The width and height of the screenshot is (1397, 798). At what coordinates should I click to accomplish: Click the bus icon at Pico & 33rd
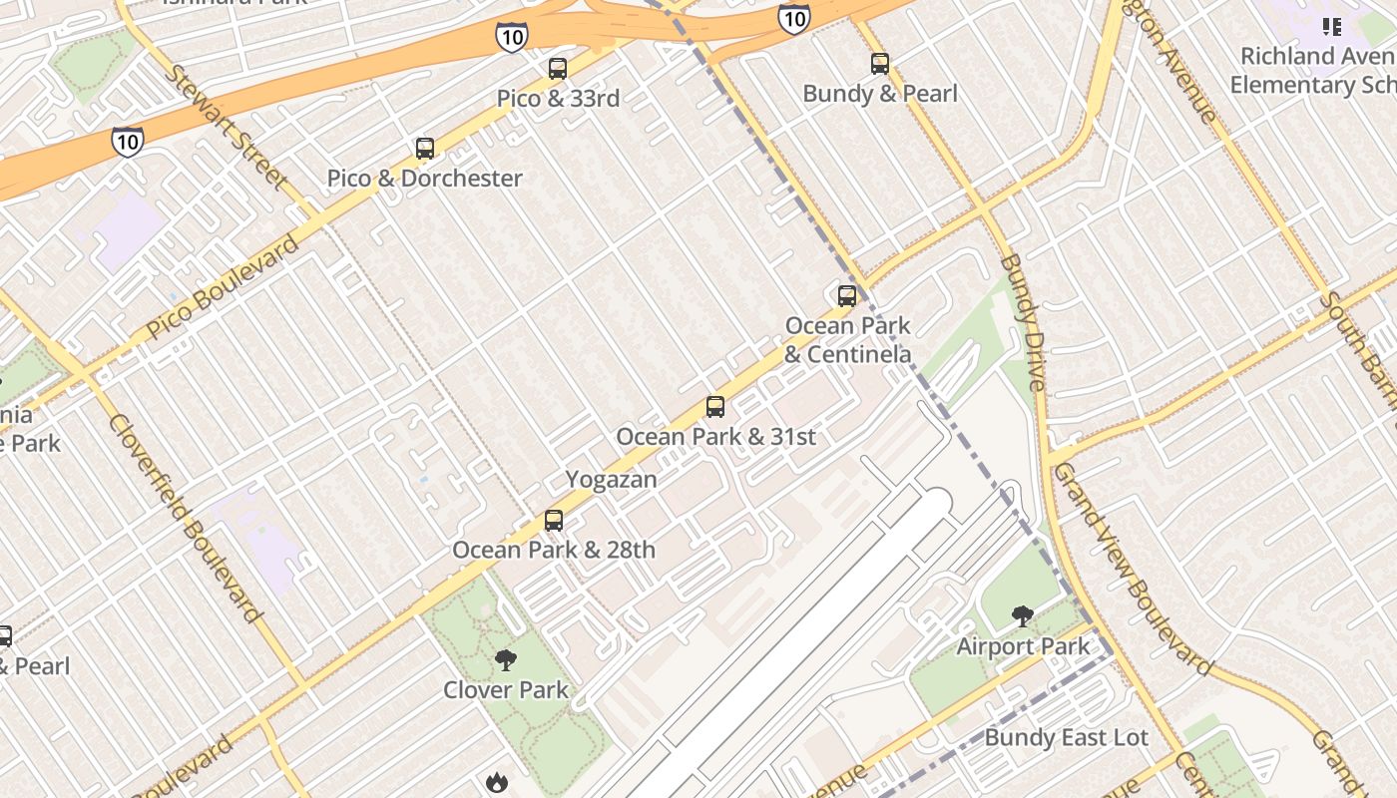tap(558, 69)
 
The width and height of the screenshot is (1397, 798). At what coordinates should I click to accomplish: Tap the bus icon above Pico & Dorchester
tap(425, 149)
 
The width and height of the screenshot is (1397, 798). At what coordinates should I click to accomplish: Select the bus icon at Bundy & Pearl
tap(879, 64)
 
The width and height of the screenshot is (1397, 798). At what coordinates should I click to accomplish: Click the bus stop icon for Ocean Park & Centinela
tap(846, 295)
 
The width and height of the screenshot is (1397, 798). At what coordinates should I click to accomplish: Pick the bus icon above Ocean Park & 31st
tap(714, 407)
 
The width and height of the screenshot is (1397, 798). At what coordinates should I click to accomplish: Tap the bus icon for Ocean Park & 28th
tap(554, 520)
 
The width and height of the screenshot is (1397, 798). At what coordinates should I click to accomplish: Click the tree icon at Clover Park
tap(506, 659)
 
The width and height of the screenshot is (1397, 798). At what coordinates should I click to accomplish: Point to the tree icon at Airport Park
tap(1022, 616)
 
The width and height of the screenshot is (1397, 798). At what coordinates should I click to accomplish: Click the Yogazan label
tap(612, 479)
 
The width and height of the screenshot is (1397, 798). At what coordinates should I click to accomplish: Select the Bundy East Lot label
tap(1066, 737)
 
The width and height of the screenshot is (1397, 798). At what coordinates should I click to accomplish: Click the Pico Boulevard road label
tap(223, 287)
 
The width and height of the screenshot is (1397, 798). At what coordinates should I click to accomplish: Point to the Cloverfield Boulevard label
tap(186, 518)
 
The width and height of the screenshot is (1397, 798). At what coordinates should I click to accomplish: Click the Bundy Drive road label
tap(1023, 321)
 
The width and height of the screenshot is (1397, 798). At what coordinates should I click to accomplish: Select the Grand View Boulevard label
tap(1132, 568)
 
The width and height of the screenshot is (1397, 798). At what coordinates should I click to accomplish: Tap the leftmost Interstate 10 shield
tap(127, 141)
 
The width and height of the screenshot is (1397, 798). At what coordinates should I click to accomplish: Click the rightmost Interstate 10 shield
tap(793, 18)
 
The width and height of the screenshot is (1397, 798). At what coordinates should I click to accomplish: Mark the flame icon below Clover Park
tap(497, 782)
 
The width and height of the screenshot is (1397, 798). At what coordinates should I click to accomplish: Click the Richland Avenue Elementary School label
tap(1312, 70)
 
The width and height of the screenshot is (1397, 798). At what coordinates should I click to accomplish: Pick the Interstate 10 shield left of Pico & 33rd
tap(510, 37)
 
